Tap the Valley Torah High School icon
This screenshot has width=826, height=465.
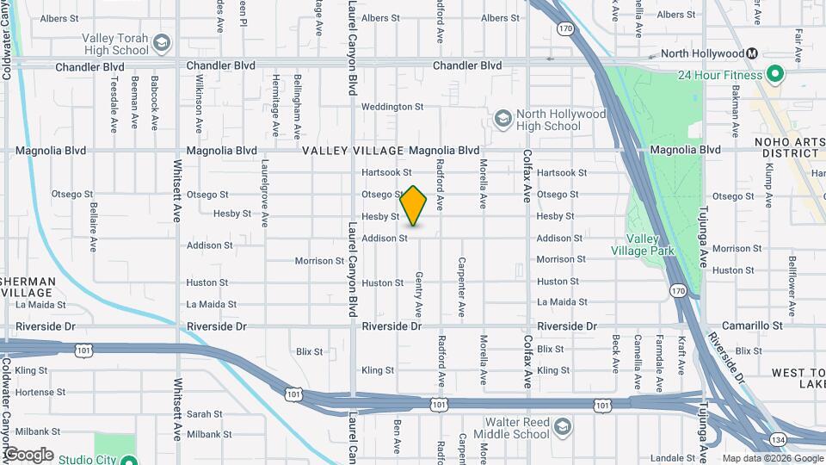tap(162, 42)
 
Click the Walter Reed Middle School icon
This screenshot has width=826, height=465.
tap(562, 428)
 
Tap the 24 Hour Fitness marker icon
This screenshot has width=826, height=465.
tap(774, 74)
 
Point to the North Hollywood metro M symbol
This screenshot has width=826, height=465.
tap(752, 53)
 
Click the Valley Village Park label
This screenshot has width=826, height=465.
tap(643, 245)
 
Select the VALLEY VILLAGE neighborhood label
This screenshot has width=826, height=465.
tap(353, 150)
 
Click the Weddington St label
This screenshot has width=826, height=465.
tap(392, 107)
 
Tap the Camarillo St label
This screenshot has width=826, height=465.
tap(753, 326)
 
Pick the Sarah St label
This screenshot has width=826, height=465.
tap(205, 414)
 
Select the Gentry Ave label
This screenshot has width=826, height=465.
tap(419, 294)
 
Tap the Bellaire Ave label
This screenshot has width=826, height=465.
tap(93, 227)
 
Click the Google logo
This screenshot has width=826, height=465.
tap(28, 455)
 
